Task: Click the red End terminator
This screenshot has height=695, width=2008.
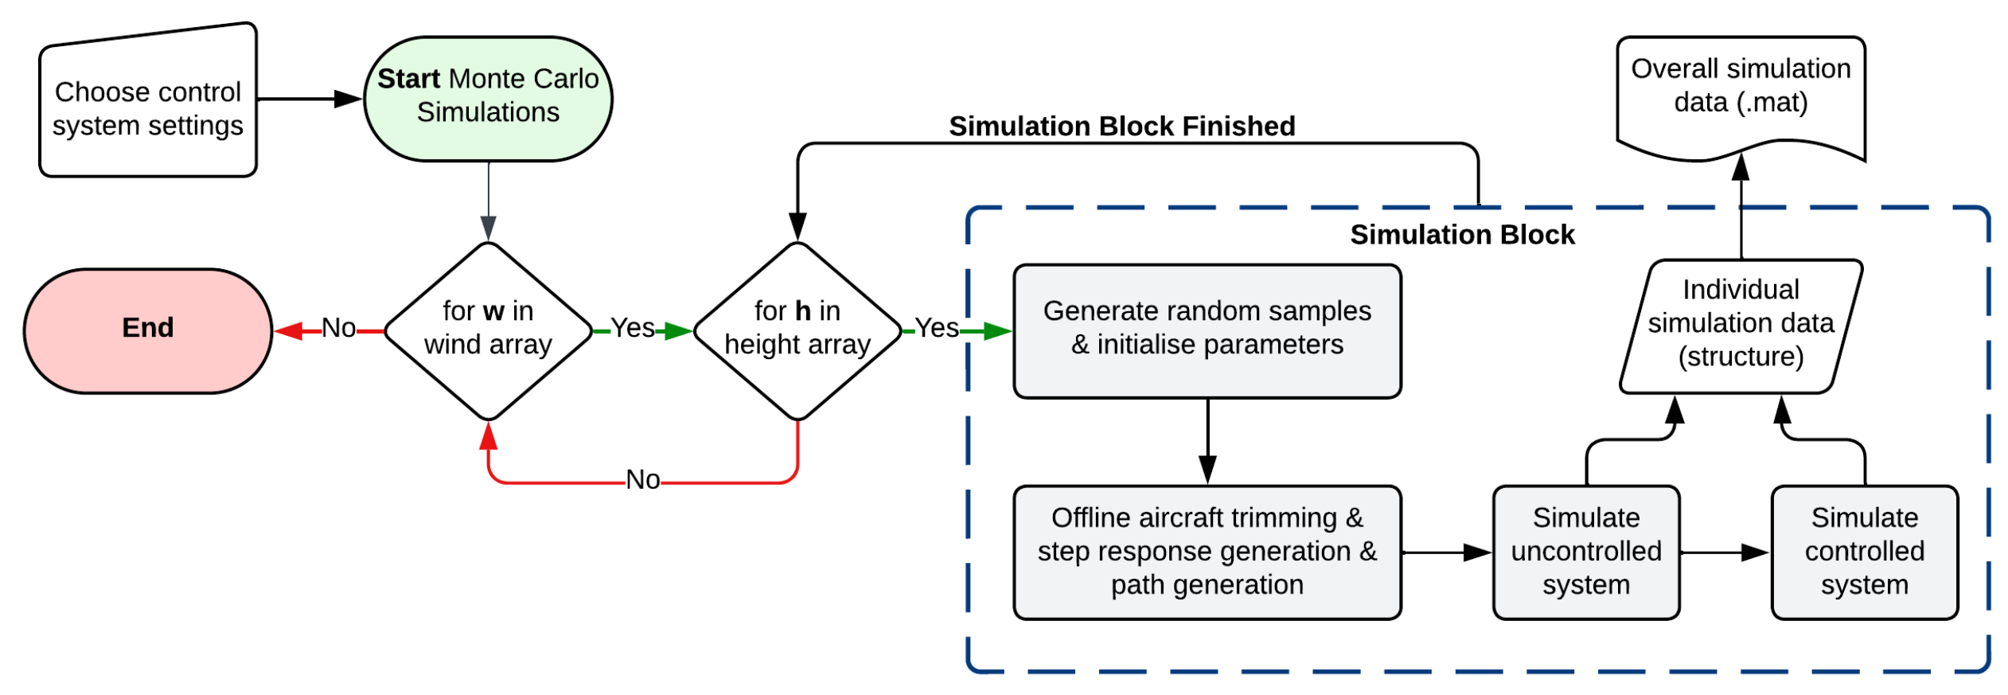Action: click(x=147, y=330)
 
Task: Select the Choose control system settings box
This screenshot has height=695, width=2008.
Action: click(x=147, y=107)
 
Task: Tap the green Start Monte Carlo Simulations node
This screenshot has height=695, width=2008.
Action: click(x=488, y=98)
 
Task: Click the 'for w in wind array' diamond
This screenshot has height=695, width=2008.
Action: click(x=488, y=330)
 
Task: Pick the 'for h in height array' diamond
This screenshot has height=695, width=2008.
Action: click(x=797, y=330)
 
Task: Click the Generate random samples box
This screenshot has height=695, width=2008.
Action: click(x=1207, y=330)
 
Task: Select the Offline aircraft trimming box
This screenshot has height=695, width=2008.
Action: click(x=1207, y=551)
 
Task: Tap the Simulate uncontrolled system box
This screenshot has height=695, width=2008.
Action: click(x=1585, y=551)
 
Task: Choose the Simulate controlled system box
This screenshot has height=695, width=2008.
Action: click(x=1864, y=551)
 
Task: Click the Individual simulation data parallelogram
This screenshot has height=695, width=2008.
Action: click(x=1741, y=325)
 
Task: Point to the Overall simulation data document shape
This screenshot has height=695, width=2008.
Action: click(x=1741, y=92)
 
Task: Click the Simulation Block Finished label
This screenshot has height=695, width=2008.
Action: click(x=1121, y=126)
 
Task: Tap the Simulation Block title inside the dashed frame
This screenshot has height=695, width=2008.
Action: click(x=1462, y=235)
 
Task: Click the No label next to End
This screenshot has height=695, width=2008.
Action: click(x=338, y=328)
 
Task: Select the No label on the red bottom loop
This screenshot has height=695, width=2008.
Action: click(x=642, y=479)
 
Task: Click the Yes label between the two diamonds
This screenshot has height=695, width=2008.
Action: click(x=632, y=328)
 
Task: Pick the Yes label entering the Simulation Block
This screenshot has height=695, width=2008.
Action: click(x=936, y=328)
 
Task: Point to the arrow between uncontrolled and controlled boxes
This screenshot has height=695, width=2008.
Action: click(x=1724, y=552)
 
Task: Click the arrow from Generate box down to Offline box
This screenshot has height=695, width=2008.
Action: click(x=1207, y=442)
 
